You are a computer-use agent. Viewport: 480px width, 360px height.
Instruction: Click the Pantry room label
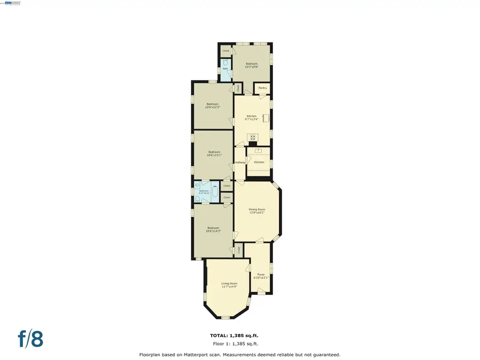262,88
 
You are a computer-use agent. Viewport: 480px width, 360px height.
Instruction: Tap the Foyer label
261,274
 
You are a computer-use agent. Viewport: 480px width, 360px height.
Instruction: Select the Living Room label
228,283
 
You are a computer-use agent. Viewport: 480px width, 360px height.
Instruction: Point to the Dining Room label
257,209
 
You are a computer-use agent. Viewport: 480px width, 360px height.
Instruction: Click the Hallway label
240,162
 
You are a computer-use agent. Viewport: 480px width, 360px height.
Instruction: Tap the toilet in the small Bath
226,76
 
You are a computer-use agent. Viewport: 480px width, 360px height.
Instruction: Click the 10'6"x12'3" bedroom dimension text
212,107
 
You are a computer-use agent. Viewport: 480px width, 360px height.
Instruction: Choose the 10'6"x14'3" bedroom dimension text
213,231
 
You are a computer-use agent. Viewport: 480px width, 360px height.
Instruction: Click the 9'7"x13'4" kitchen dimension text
251,119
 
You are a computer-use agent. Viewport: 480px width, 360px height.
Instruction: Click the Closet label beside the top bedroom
226,51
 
